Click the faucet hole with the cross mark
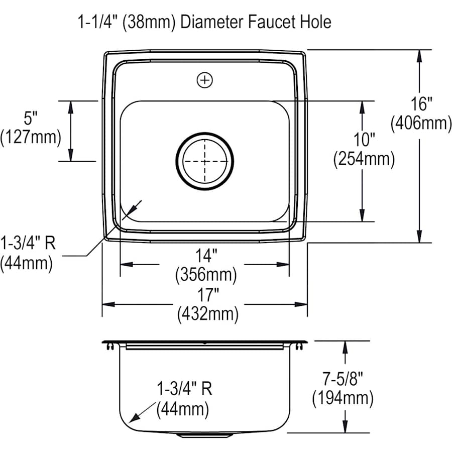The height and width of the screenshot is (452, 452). tap(205, 79)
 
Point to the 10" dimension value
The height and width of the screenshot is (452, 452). tap(364, 140)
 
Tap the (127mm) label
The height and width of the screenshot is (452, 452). tap(31, 137)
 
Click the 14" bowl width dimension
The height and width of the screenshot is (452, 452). tap(205, 256)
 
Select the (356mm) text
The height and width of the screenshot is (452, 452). tap(205, 275)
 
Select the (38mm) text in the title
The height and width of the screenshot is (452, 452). tap(156, 22)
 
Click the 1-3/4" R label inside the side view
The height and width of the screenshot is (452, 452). tap(184, 390)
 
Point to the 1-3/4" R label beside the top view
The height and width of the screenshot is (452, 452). tap(28, 244)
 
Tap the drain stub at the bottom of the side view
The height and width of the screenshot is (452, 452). tap(205, 435)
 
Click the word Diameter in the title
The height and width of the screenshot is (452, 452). tap(211, 22)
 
